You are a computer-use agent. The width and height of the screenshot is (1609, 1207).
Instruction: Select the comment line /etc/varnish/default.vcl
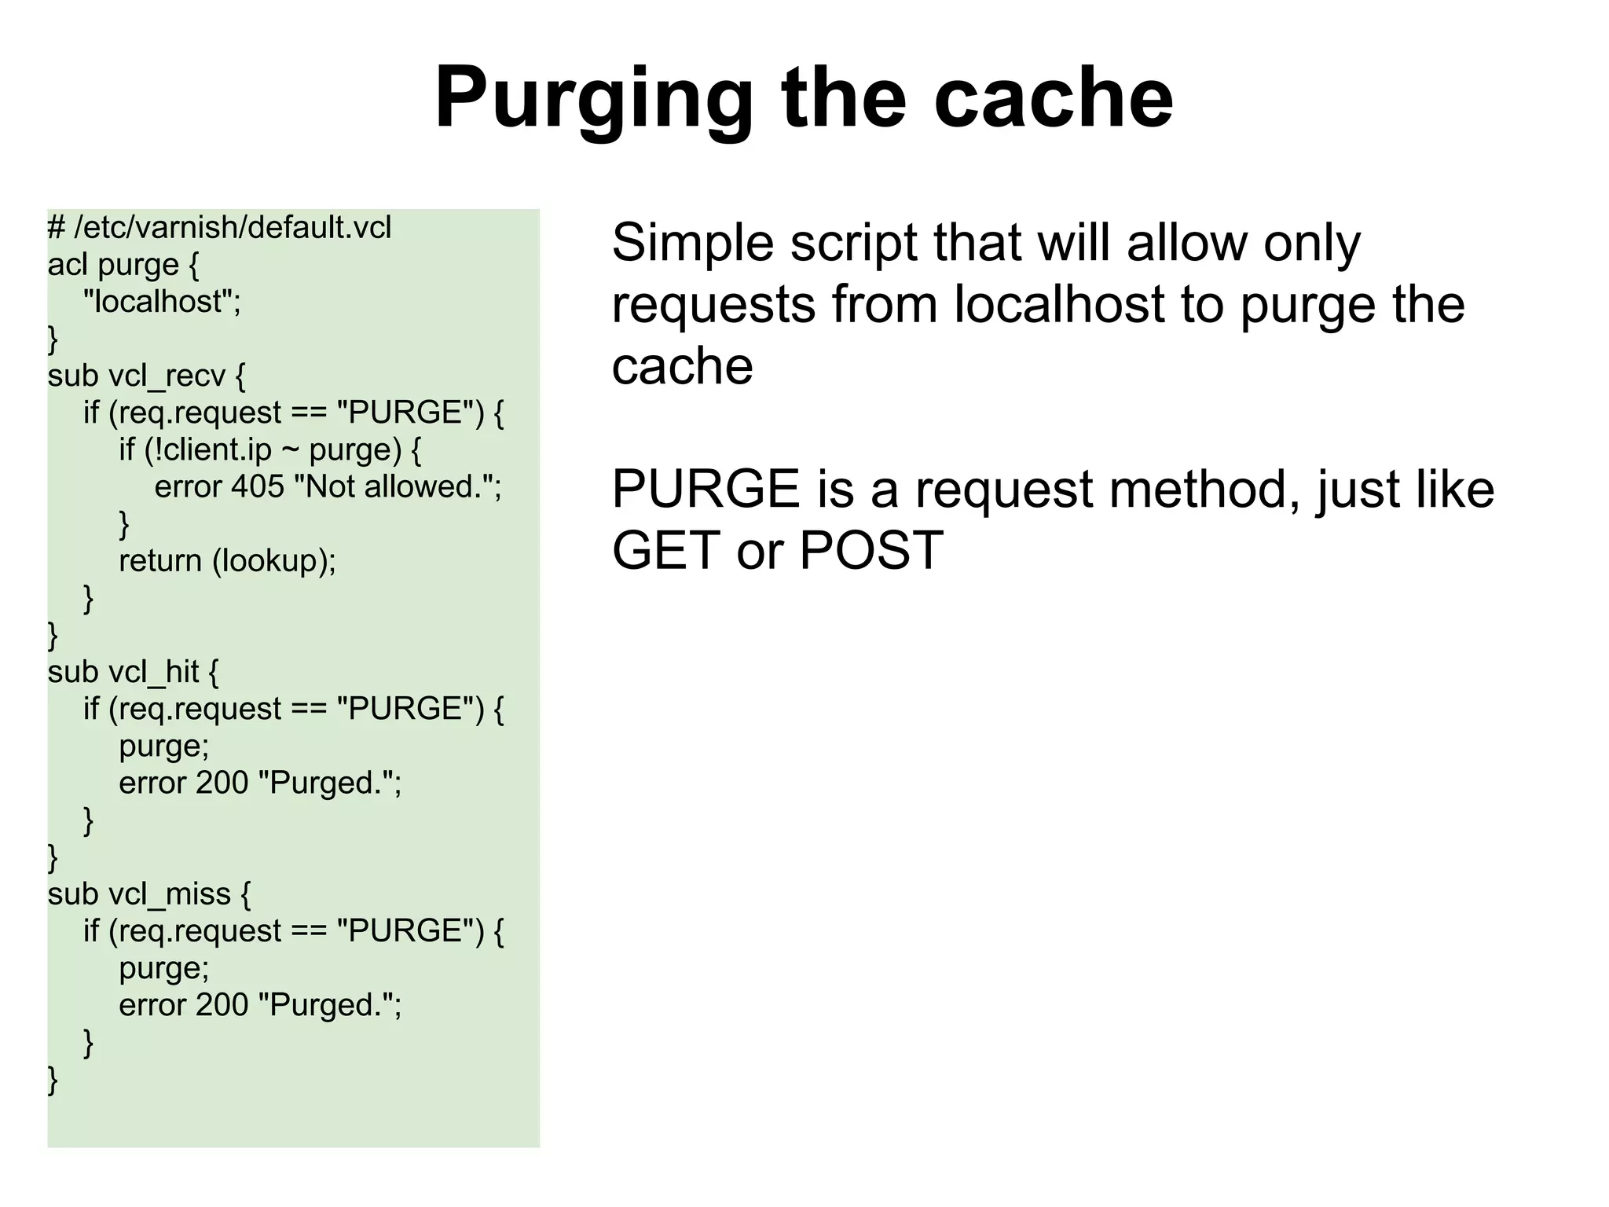219,228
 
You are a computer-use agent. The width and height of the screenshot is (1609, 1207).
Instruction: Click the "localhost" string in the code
162,302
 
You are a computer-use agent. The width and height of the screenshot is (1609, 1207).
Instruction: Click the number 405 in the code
258,487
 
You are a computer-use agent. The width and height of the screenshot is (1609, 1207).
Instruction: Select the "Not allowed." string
397,487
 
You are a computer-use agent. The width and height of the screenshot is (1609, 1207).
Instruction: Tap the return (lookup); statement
227,561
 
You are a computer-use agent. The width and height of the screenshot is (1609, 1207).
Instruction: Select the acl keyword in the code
67,266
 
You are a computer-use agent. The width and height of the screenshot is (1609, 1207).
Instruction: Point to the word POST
870,551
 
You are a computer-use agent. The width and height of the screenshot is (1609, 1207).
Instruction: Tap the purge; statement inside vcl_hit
164,747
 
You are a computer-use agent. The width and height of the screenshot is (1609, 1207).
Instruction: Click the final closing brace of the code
53,1080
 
